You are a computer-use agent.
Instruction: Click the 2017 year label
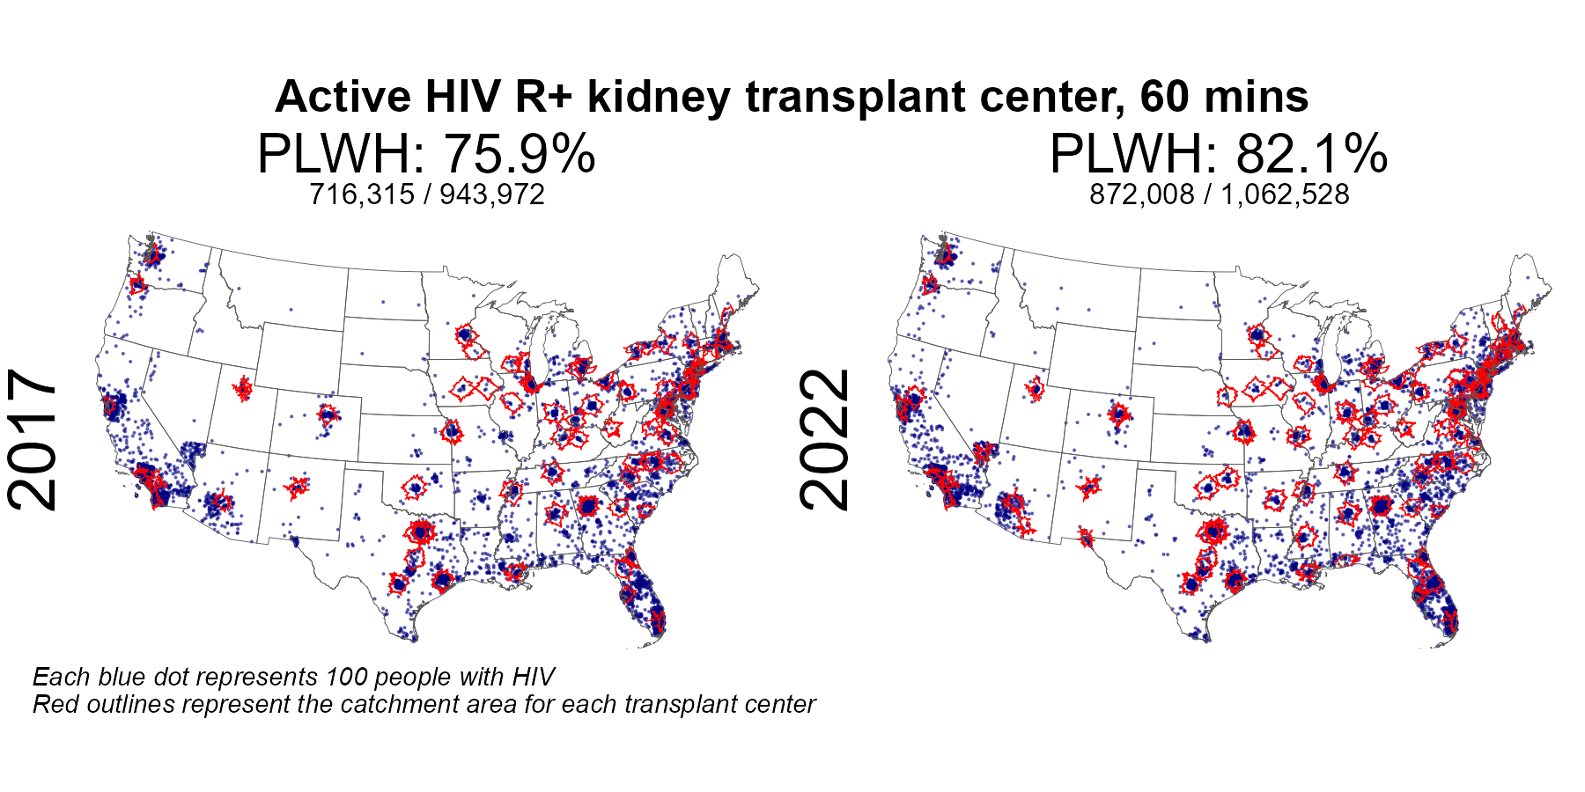[33, 440]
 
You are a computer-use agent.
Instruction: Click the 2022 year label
[825, 440]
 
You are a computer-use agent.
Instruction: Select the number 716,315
[361, 194]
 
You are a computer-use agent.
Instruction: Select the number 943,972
[492, 194]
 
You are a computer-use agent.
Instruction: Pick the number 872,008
[1142, 194]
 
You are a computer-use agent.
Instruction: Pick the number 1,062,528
[1285, 194]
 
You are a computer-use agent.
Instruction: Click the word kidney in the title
[658, 97]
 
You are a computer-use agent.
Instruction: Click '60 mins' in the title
[1224, 97]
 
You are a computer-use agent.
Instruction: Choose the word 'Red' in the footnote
[54, 705]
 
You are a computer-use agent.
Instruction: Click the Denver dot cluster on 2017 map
[328, 414]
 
